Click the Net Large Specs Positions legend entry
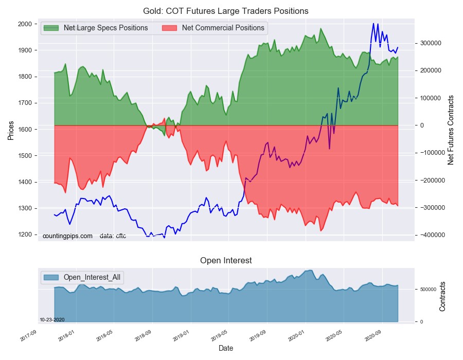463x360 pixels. pos(105,28)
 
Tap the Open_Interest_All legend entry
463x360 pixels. pos(92,277)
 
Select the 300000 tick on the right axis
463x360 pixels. pos(429,43)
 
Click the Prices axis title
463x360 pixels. pos(11,131)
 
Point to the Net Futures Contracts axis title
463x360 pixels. pos(451,130)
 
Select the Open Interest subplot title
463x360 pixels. pos(226,261)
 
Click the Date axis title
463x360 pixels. pos(226,348)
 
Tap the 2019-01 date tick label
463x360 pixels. pos(181,336)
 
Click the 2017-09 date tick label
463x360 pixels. pos(27,336)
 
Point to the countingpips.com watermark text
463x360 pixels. pos(67,236)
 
